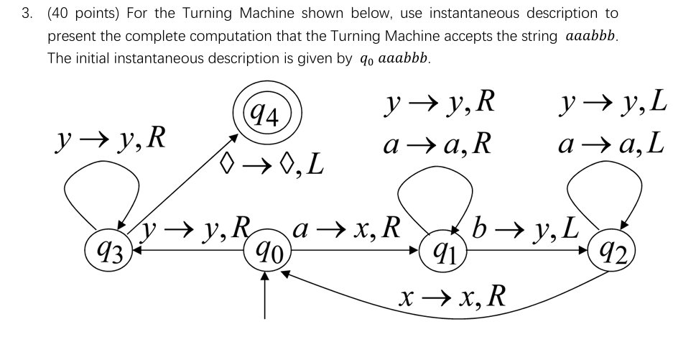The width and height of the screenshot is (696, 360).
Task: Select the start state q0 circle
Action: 266,251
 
